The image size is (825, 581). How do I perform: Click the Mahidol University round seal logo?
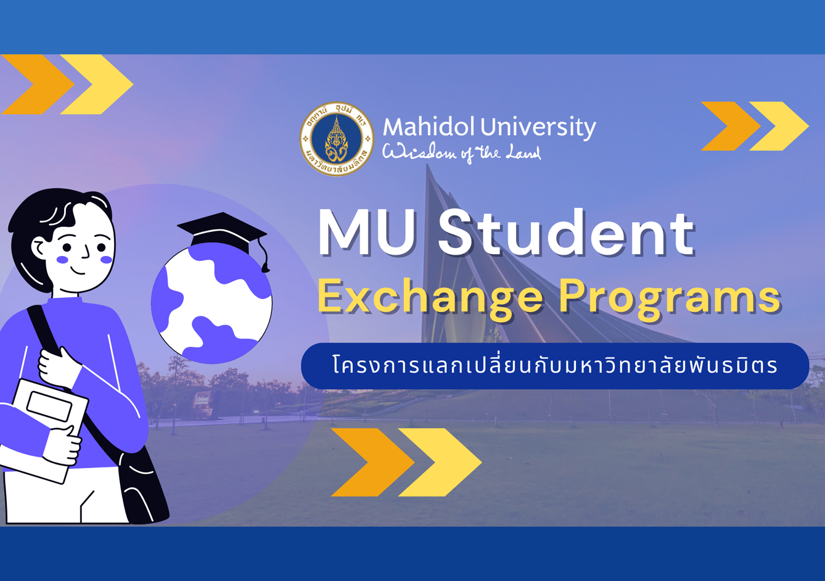coord(337,139)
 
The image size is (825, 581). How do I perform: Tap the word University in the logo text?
coord(538,128)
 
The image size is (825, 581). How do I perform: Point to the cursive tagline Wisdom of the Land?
coord(462,152)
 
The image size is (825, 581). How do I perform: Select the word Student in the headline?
coord(566,232)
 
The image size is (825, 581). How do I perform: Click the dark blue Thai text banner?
coord(555,366)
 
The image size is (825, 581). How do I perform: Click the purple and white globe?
coord(211,304)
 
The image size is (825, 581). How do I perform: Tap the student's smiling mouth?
coord(78,271)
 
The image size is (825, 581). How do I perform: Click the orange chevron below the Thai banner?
coord(372,462)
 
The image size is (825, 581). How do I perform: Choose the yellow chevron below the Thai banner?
coord(440,462)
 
